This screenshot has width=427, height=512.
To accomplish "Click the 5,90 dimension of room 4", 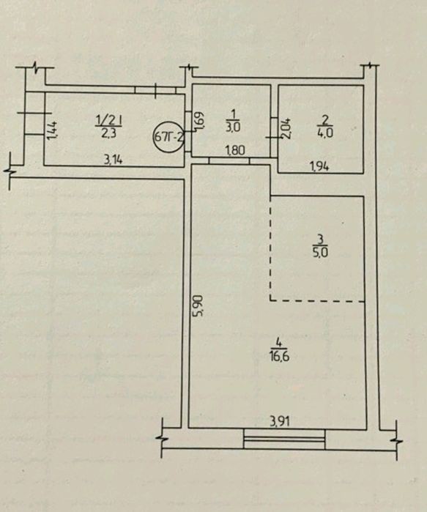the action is tap(200, 305).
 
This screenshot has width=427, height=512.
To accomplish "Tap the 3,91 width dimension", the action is tap(280, 422).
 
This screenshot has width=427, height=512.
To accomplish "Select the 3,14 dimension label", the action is tap(113, 160).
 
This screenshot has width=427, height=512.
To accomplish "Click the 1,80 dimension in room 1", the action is tap(235, 151).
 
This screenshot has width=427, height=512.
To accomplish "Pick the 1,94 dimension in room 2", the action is tap(319, 166).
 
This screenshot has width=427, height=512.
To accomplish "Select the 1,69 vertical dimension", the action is tap(201, 122).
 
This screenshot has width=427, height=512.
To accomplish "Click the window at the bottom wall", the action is tap(284, 439).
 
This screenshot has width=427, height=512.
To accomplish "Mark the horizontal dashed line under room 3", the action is tap(317, 300).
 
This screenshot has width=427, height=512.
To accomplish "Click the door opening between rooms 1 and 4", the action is tap(229, 160).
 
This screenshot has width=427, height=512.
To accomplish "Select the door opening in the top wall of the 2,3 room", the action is tap(155, 90).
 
